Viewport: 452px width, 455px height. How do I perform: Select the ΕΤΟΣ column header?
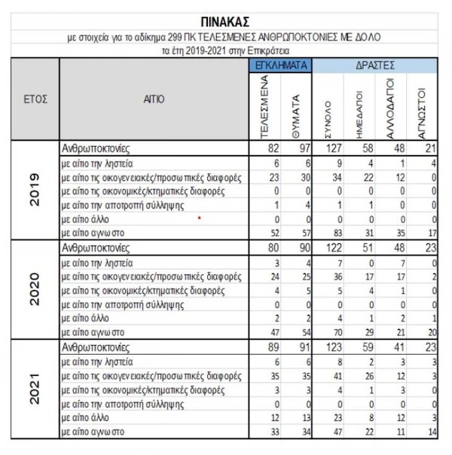point(32,99)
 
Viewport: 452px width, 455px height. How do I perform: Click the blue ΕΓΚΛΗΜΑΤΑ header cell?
point(280,66)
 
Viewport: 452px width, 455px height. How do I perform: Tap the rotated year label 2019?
point(33,193)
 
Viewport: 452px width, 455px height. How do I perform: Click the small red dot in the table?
point(199,218)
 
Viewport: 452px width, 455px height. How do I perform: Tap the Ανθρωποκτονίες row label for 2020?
point(95,246)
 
